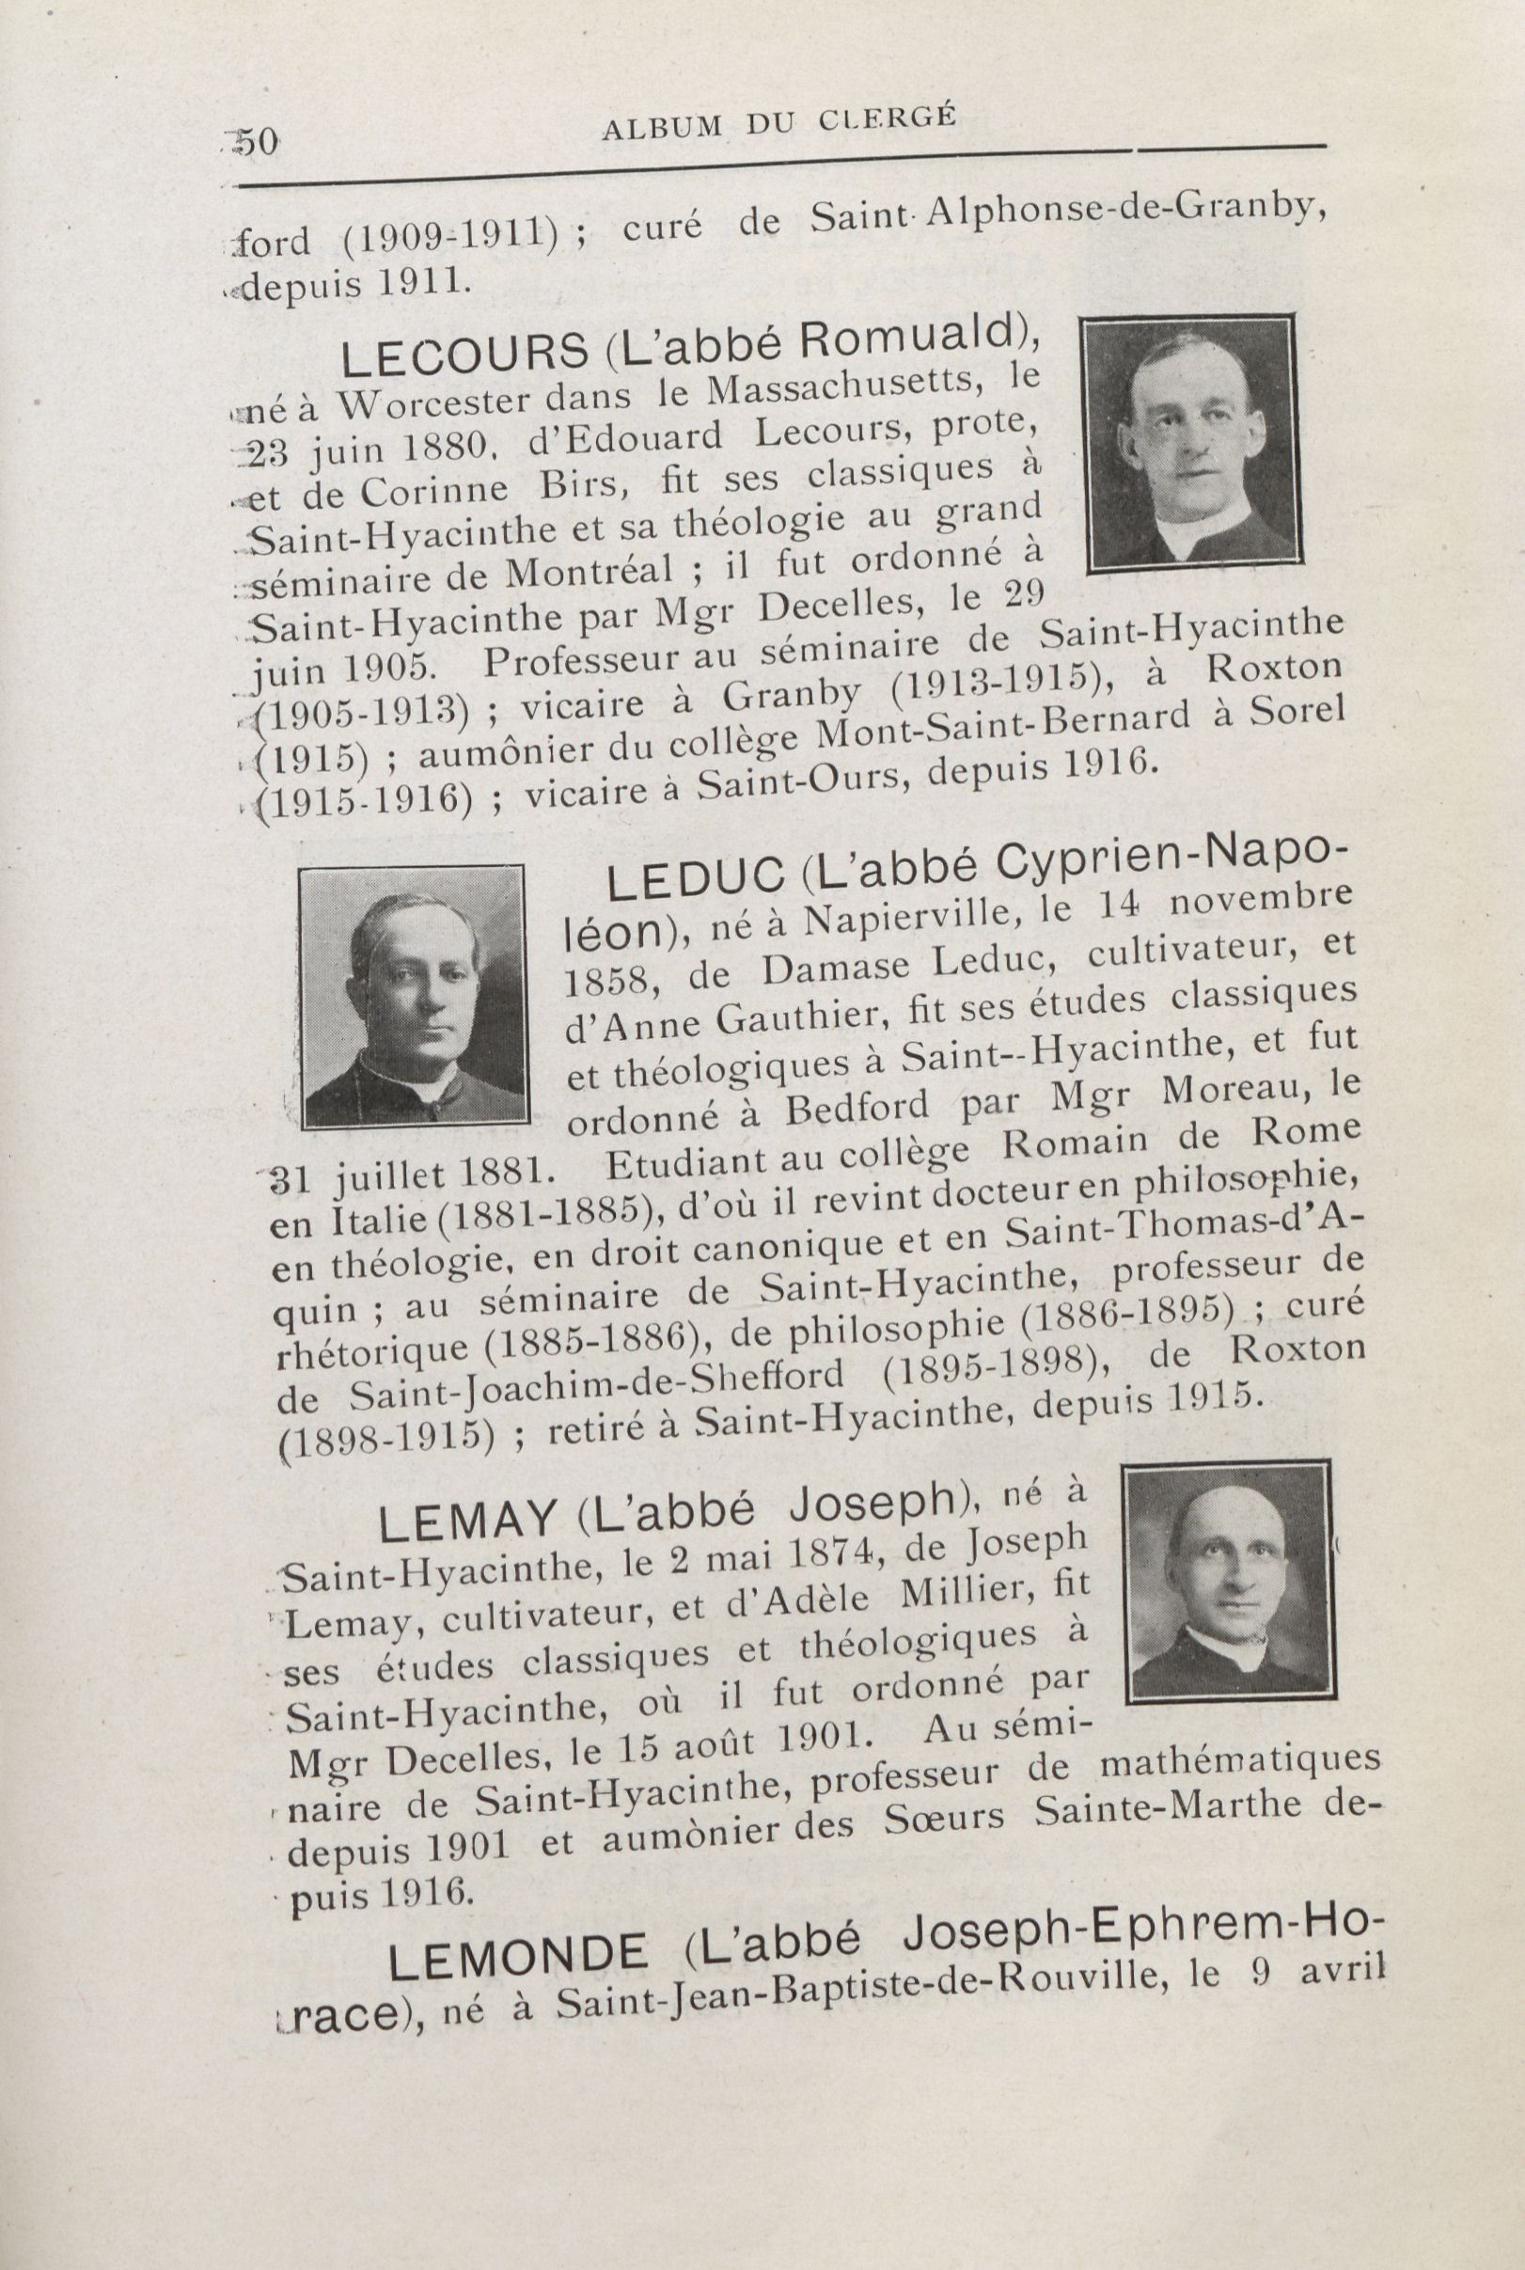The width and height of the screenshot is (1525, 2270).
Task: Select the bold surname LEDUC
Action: (696, 881)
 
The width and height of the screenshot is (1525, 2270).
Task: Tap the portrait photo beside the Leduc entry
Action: (414, 997)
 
